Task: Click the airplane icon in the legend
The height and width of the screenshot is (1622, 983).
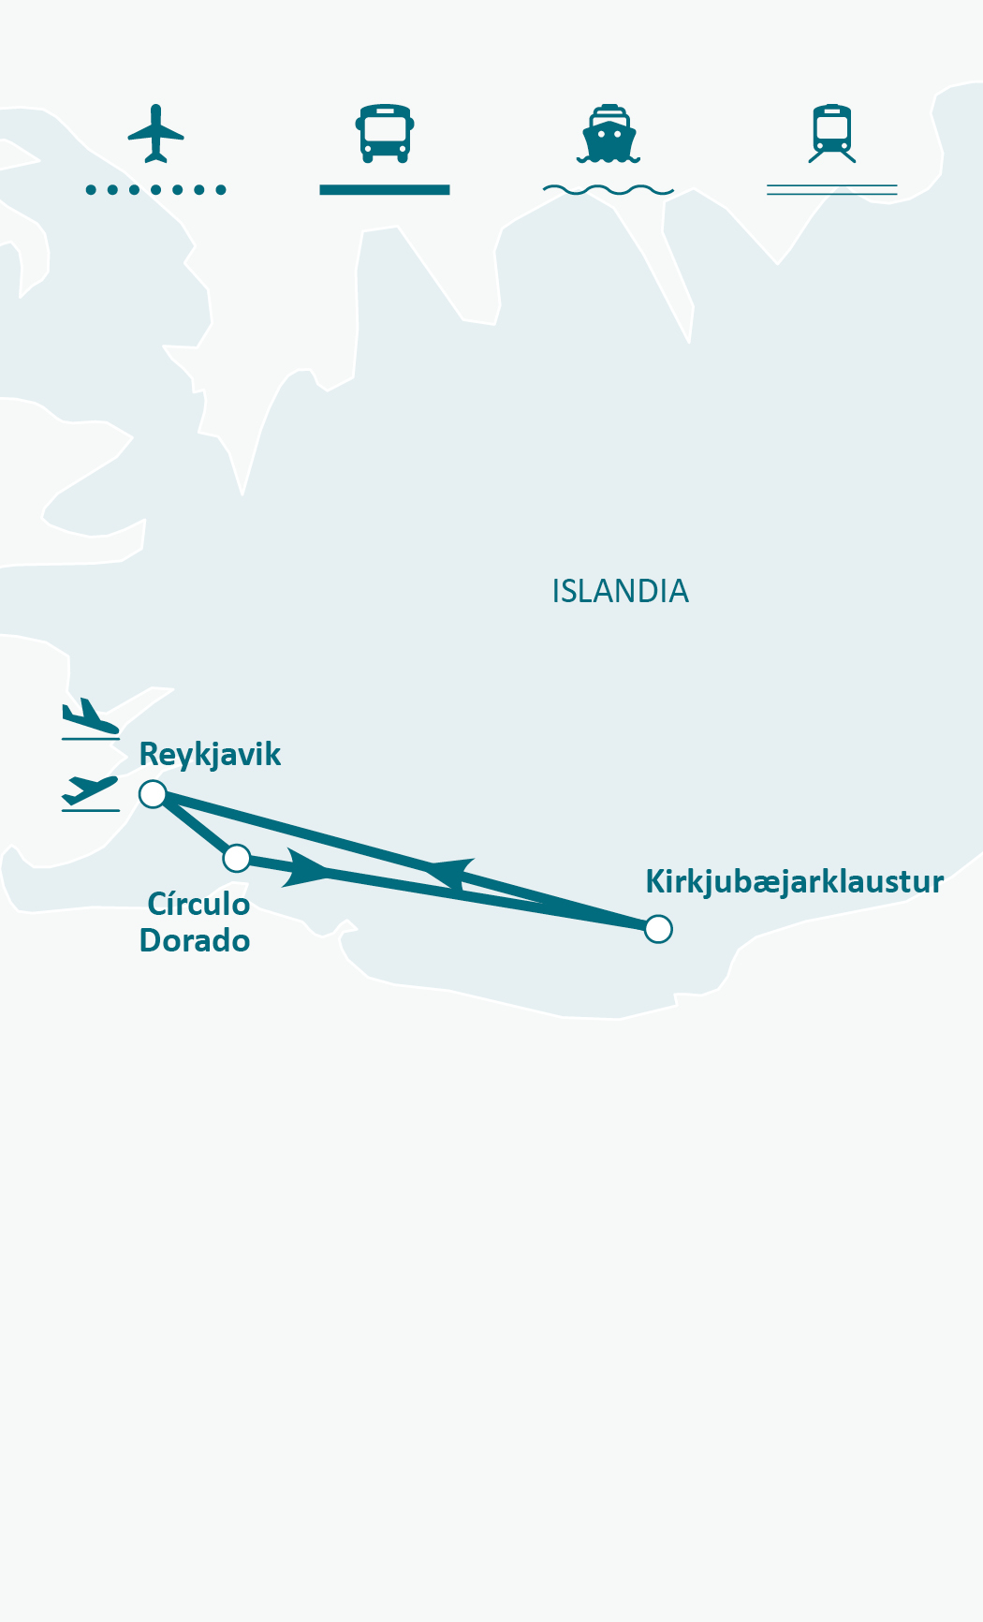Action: (155, 133)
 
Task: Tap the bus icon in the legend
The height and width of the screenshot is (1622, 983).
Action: (385, 133)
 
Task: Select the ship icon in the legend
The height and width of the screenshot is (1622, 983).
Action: (609, 133)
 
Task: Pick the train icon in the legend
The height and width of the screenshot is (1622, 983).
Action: (832, 133)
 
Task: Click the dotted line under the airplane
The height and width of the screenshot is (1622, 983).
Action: (155, 190)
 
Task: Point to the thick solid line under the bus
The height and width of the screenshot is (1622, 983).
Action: (385, 190)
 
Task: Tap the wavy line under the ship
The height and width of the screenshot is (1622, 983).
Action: (609, 190)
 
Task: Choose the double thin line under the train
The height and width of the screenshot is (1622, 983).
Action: (832, 190)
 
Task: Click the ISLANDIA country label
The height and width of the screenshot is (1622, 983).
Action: (620, 592)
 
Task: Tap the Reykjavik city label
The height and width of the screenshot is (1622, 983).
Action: (210, 755)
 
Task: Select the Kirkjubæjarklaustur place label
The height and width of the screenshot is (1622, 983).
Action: (794, 882)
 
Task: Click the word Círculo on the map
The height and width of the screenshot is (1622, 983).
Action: (198, 905)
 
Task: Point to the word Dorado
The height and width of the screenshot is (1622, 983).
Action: (195, 940)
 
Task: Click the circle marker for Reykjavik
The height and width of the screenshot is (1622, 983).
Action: (153, 794)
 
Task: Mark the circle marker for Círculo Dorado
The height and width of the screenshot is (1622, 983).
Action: (237, 857)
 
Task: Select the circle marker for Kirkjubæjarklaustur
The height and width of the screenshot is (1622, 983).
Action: (658, 929)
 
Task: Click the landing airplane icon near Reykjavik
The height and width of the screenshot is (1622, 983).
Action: (90, 719)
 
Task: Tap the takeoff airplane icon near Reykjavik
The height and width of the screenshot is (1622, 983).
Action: (90, 792)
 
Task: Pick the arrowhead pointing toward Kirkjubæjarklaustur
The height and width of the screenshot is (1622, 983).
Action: (306, 868)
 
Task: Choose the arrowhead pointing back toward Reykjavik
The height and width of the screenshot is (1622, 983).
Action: (450, 872)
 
